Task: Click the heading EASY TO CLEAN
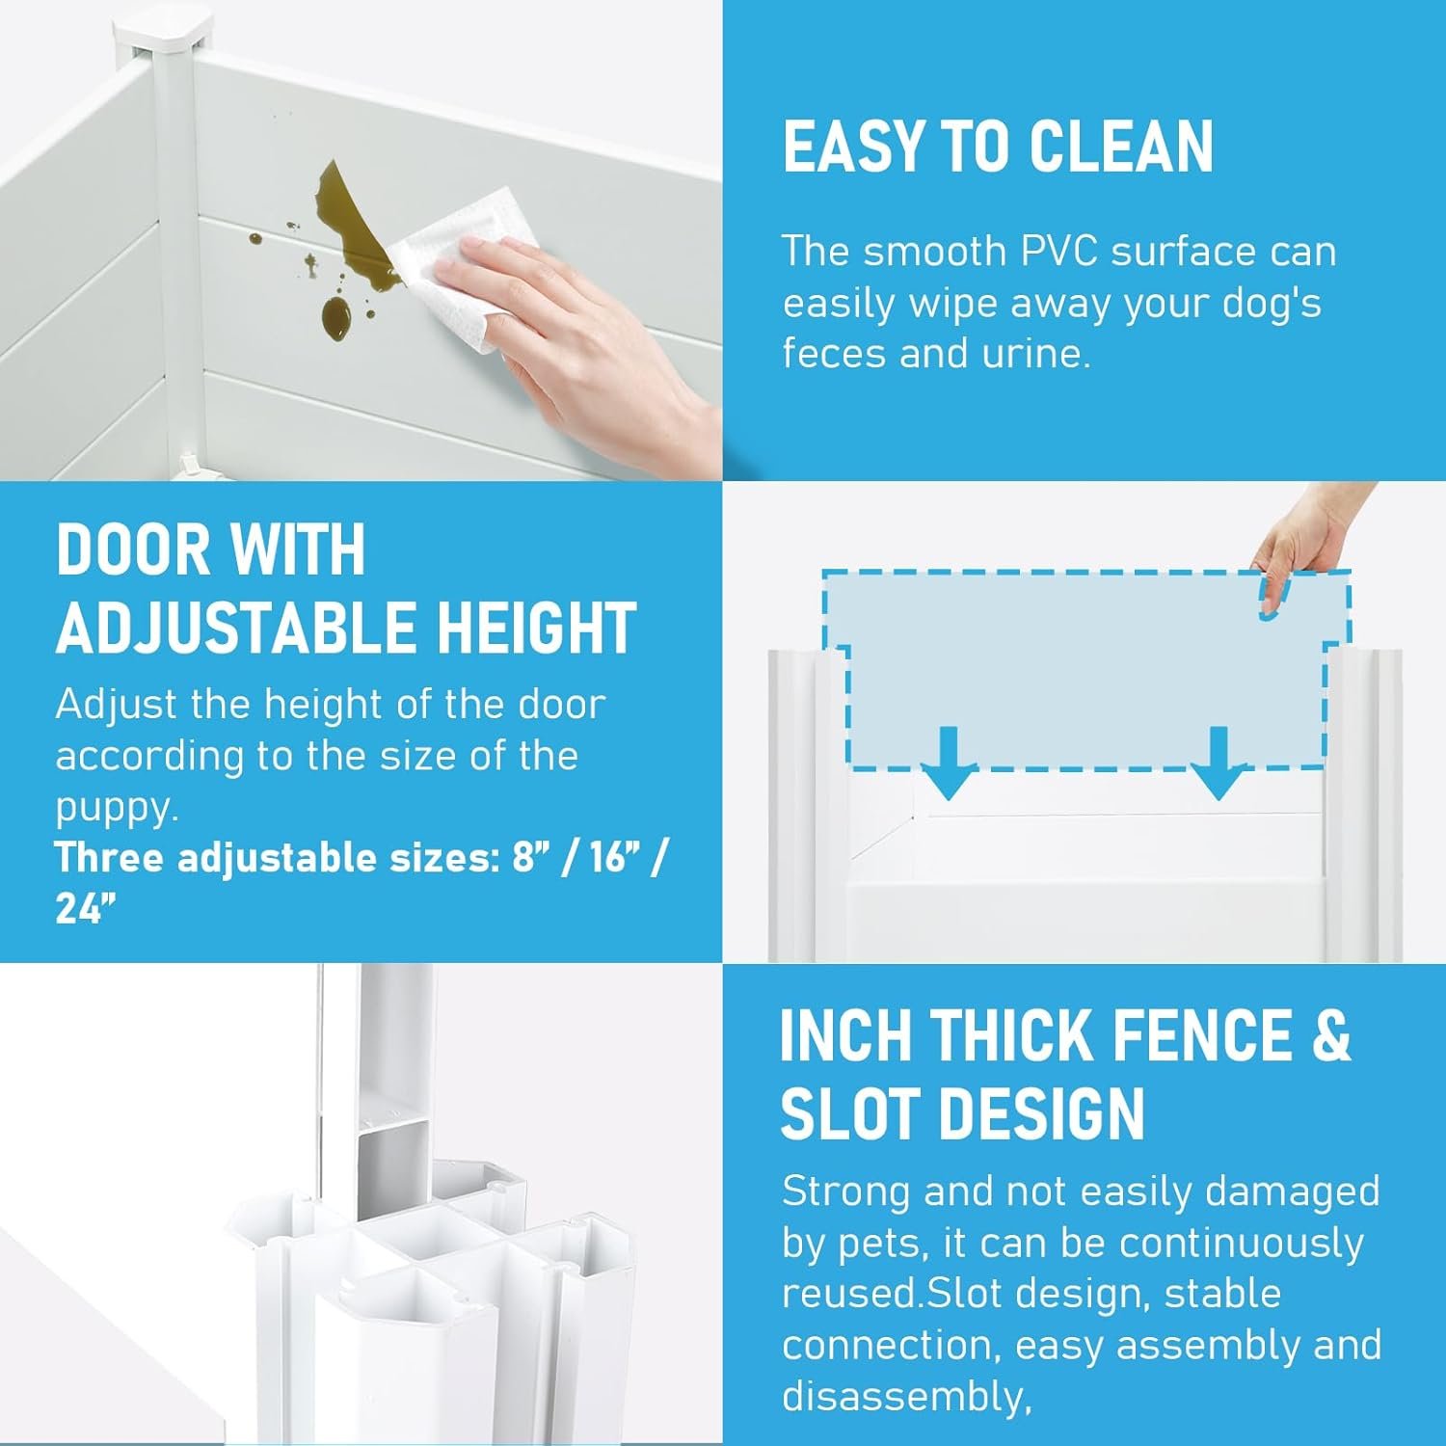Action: tap(998, 147)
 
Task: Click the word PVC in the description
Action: tap(1058, 252)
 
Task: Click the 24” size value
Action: tap(86, 908)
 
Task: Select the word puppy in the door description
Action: tap(115, 810)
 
